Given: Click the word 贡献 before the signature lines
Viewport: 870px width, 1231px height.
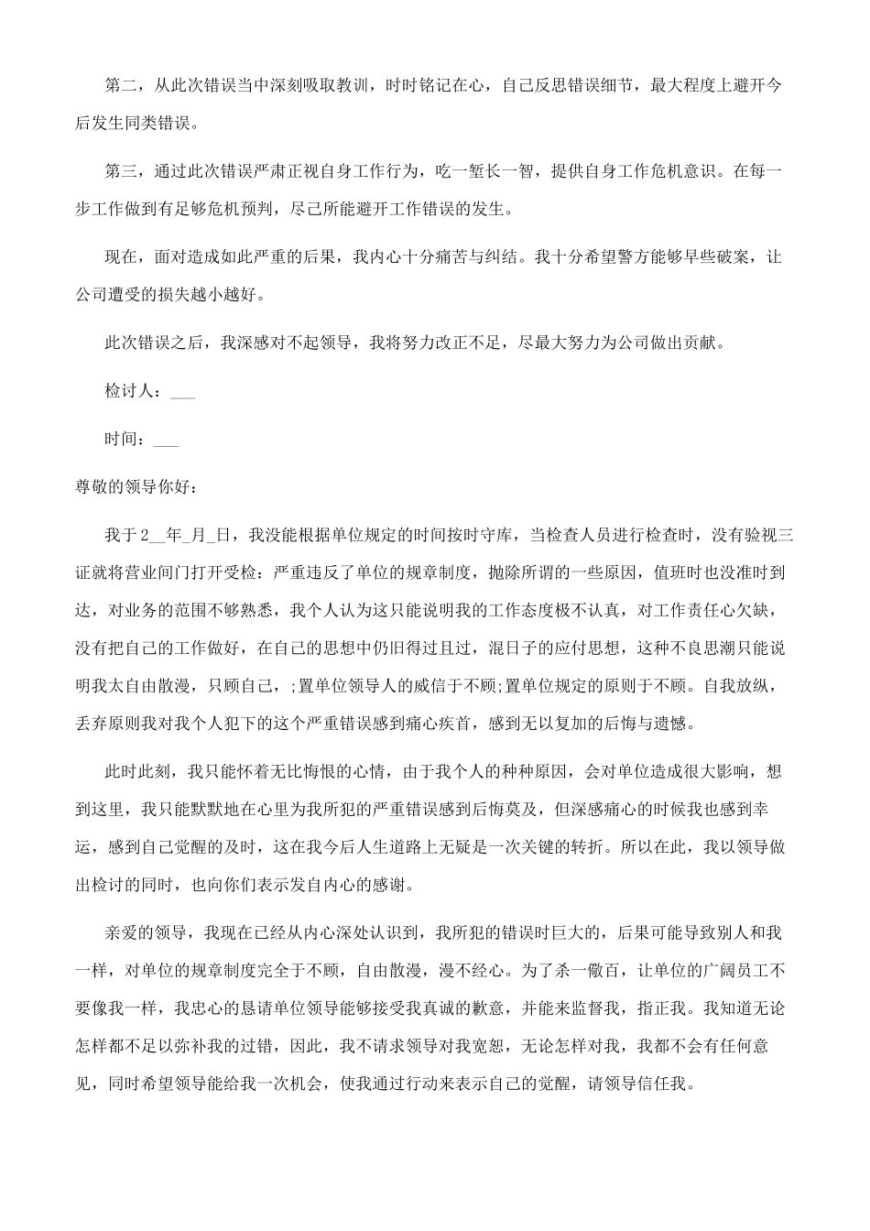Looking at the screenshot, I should pos(704,343).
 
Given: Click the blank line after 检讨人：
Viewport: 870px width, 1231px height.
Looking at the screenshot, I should pos(182,392).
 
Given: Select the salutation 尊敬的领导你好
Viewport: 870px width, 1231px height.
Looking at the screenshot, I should pos(128,486).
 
